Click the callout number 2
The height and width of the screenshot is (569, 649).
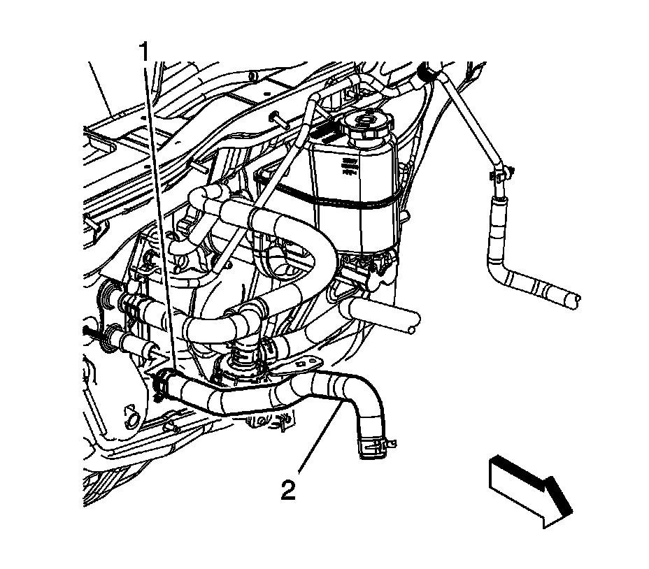(288, 489)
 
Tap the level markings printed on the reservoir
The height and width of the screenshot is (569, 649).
(348, 166)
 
